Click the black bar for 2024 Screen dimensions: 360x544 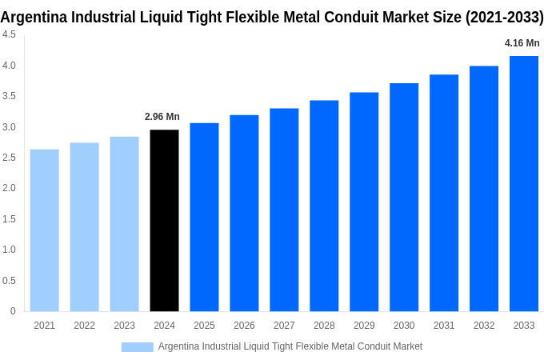(x=164, y=220)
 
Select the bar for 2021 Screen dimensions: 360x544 (x=45, y=230)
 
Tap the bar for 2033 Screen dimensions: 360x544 (x=524, y=183)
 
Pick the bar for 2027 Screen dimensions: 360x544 (x=284, y=210)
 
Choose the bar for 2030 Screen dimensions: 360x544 (x=404, y=197)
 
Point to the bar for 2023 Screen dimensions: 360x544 (x=124, y=224)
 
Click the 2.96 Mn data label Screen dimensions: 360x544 (x=162, y=117)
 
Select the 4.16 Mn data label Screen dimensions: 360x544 (x=522, y=43)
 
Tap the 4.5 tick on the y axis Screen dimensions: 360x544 (x=9, y=34)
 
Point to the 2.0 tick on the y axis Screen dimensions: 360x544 (x=9, y=188)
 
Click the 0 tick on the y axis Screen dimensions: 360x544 (x=13, y=311)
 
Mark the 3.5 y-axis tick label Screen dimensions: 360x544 (x=9, y=96)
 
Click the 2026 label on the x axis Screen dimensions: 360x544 (x=244, y=326)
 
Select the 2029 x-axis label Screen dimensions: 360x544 (x=364, y=326)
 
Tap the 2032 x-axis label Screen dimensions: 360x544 (x=484, y=326)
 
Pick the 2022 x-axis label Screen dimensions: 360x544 (x=84, y=326)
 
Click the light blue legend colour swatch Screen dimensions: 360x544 (x=137, y=346)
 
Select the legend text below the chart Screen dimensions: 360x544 (x=290, y=346)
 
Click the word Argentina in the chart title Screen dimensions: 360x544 (x=34, y=17)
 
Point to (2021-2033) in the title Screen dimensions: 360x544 (x=498, y=17)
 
